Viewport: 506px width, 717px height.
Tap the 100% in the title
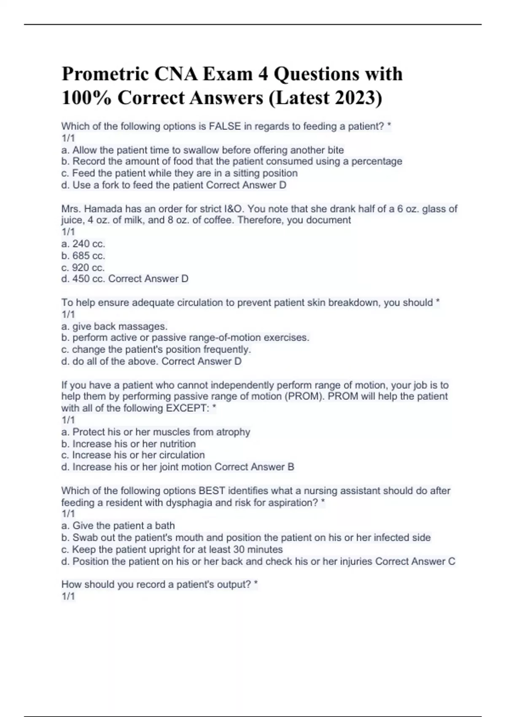click(x=86, y=98)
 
